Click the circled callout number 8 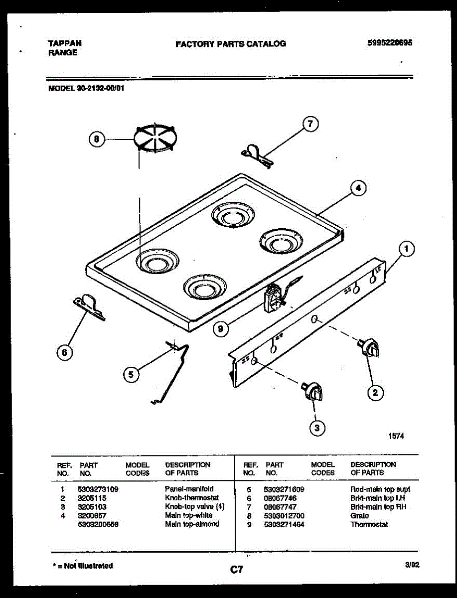coord(97,140)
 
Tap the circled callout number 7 coord(310,125)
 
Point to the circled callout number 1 coord(407,248)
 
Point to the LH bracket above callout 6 coord(90,305)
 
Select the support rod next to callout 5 coord(174,371)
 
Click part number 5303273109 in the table coord(98,489)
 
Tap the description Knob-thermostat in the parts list coord(192,498)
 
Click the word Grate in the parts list coord(359,516)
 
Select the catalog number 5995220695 coord(389,43)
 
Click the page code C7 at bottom coord(236,569)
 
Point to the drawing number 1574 coord(396,436)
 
